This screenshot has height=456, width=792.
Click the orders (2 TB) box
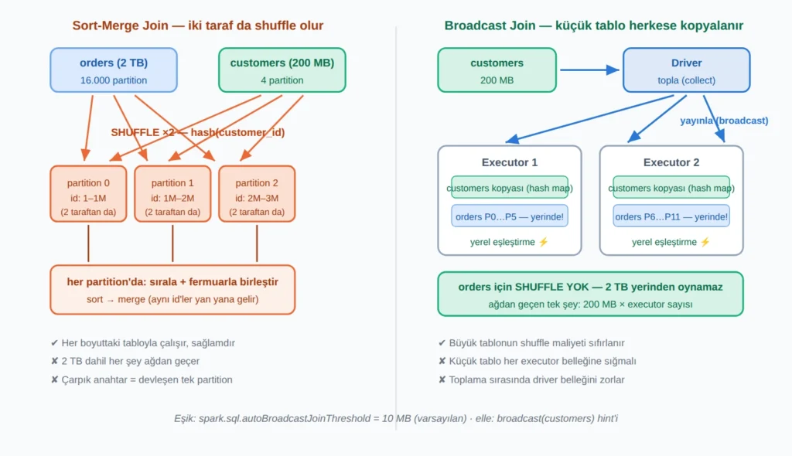(114, 70)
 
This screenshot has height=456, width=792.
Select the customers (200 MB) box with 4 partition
(282, 70)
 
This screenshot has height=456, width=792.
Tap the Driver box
(687, 70)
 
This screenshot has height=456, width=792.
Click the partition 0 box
(88, 194)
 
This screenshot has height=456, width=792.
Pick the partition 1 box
(172, 194)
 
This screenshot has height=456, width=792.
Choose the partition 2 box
(257, 194)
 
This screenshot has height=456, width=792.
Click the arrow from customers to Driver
(589, 70)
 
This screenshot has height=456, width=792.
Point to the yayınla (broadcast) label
(724, 121)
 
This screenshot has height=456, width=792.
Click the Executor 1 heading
(510, 162)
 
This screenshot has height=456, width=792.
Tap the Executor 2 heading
(671, 162)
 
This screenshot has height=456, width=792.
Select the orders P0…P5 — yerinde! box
(510, 216)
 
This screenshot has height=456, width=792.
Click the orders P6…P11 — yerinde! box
(671, 216)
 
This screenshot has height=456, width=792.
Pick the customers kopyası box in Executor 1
(510, 187)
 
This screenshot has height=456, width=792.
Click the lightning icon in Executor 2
(705, 242)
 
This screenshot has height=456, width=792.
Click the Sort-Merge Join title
(197, 26)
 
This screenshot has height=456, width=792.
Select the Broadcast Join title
(593, 26)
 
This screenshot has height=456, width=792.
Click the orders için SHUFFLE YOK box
(590, 294)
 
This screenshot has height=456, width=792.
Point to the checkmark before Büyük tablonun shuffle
(442, 343)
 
